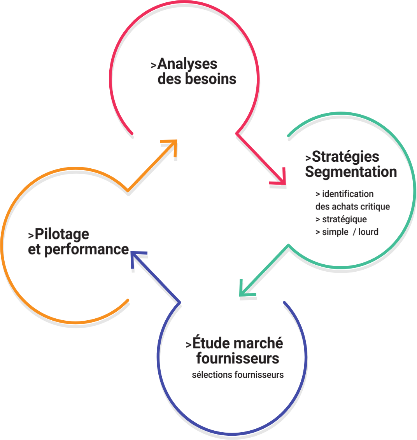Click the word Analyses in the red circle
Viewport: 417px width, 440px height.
tap(187, 64)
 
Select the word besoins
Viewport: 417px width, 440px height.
tap(210, 79)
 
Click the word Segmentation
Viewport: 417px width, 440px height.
tap(351, 172)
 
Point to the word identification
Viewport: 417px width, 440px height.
tap(348, 194)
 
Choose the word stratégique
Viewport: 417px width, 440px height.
tap(344, 219)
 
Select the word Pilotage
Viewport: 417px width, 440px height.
tap(62, 234)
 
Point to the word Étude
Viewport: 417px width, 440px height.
tap(210, 344)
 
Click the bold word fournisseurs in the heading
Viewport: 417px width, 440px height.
tap(237, 358)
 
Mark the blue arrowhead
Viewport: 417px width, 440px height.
tap(135, 257)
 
